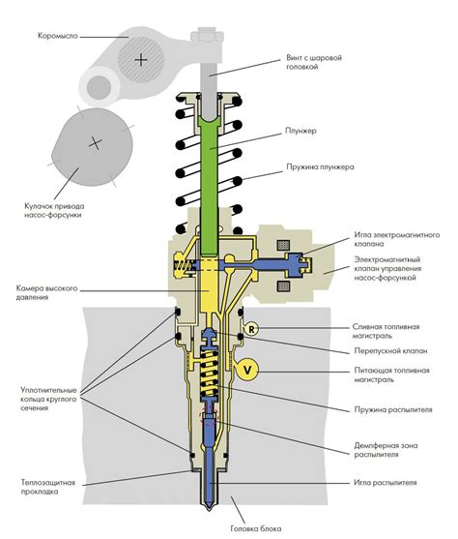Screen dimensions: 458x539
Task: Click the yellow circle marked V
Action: (x=247, y=370)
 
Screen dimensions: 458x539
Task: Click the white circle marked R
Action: (x=251, y=329)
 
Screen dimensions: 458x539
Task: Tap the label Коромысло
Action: (x=58, y=36)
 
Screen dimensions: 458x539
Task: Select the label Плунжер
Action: (x=301, y=131)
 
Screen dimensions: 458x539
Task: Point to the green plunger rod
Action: (x=209, y=186)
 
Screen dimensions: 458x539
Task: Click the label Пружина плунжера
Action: (x=321, y=167)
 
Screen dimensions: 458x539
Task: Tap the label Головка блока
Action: (x=256, y=528)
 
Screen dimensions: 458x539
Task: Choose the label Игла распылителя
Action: (x=386, y=482)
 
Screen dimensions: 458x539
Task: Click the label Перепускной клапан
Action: (x=390, y=351)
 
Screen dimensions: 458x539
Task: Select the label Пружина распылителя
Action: (x=393, y=409)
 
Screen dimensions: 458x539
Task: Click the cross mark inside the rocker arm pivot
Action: (x=141, y=60)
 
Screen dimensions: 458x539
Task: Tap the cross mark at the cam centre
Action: (x=95, y=142)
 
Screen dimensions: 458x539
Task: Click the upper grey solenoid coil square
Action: (x=283, y=245)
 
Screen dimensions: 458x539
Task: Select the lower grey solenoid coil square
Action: (x=283, y=286)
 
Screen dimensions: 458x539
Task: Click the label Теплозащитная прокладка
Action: (x=48, y=487)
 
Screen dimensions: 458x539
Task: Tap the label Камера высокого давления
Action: (x=46, y=292)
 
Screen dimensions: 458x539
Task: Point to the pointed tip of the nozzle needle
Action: (x=209, y=510)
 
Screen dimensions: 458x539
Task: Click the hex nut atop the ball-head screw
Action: (x=207, y=36)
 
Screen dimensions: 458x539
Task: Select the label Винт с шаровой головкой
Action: (x=314, y=62)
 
